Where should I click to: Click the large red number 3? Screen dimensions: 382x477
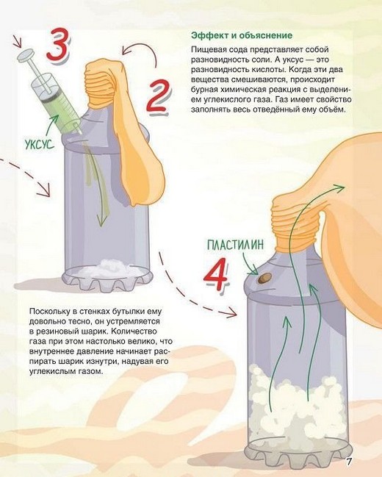57,45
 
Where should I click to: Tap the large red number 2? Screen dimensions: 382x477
158,96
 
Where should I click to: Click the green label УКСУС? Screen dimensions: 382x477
40,144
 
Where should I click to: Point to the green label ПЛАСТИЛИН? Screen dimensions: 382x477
235,245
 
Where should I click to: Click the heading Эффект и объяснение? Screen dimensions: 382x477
242,35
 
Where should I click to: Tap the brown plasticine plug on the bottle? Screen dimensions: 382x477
264,278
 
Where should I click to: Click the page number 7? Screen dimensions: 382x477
349,462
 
